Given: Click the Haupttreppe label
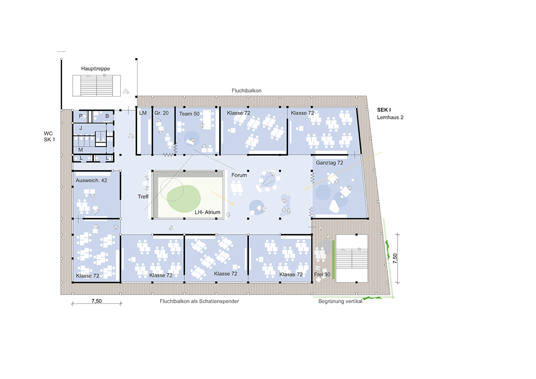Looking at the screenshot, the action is click(96, 69).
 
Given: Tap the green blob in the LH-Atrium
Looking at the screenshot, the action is click(184, 199).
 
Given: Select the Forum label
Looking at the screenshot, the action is click(239, 175).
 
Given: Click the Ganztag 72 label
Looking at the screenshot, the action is click(330, 163).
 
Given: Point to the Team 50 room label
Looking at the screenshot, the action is click(189, 114).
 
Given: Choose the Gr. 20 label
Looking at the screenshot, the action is click(161, 113).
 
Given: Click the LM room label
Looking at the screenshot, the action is click(143, 113).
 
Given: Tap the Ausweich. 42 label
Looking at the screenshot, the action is click(92, 181).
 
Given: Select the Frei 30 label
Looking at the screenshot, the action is click(322, 274).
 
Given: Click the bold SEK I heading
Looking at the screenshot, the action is click(384, 110).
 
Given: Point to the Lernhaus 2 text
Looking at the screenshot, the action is click(390, 118).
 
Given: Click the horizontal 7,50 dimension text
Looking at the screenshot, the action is click(96, 301).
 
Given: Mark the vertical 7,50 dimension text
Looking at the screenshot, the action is click(395, 258).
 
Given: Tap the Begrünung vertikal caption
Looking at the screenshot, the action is click(340, 301).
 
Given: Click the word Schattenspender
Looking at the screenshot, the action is click(219, 301).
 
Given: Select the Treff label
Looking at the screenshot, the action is click(143, 197).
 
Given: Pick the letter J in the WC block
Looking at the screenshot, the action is click(81, 128).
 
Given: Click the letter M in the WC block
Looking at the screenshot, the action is click(81, 150).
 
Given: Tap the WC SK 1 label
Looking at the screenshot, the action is click(49, 136).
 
